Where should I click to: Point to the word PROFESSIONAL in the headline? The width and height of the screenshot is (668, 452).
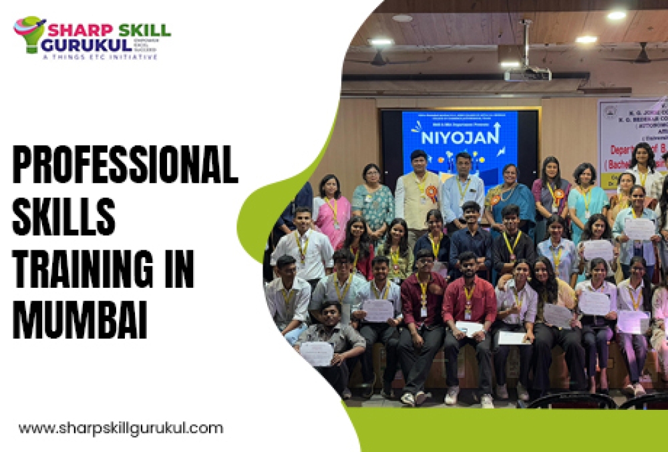[125, 167]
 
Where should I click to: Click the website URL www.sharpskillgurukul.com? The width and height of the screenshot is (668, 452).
[121, 428]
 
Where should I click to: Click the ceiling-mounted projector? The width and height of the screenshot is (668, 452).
[527, 73]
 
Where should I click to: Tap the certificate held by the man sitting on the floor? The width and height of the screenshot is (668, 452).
[317, 353]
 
